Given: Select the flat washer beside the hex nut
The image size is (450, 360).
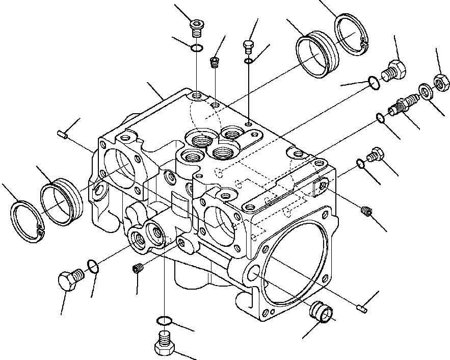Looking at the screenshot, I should [x=424, y=92].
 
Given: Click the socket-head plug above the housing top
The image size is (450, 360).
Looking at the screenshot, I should [x=196, y=28].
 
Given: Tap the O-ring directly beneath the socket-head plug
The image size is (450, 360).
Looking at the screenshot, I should [x=196, y=48].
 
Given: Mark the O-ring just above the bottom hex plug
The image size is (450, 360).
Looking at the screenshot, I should [x=164, y=321].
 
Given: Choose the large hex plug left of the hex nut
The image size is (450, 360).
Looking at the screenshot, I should [x=392, y=70].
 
